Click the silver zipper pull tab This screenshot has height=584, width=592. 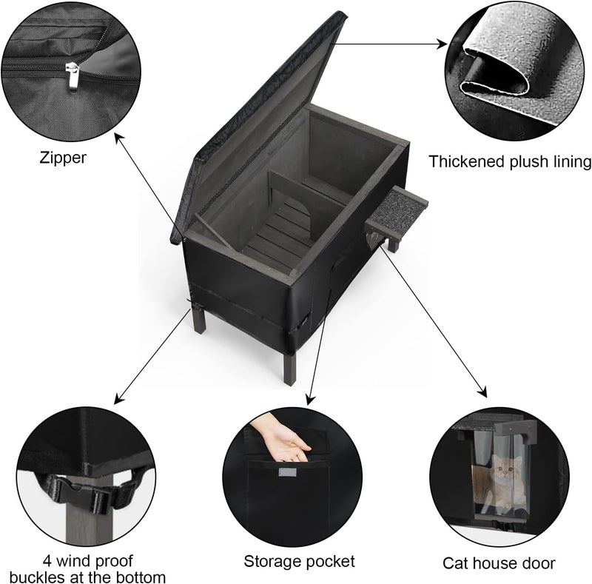tap(73, 77)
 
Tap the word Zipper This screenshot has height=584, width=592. tap(63, 158)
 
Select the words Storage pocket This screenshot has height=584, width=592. tap(299, 562)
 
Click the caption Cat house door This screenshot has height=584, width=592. tap(499, 563)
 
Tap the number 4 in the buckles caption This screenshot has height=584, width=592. tap(47, 560)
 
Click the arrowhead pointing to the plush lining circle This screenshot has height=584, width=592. tap(442, 44)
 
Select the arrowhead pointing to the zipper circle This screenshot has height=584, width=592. tap(119, 138)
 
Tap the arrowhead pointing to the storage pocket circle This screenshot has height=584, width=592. tap(310, 400)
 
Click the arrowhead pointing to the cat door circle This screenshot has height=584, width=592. tap(482, 393)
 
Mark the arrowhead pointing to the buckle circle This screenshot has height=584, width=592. tap(118, 399)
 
